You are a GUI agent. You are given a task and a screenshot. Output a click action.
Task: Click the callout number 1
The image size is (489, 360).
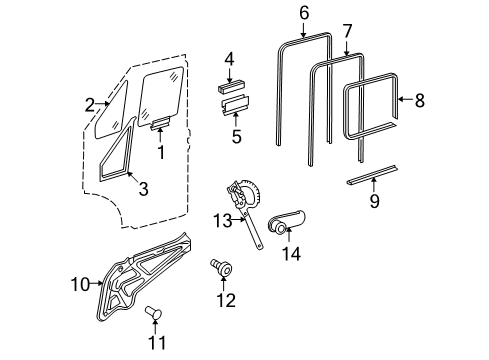(159, 154)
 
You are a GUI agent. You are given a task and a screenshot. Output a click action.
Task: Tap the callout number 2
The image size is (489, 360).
(89, 104)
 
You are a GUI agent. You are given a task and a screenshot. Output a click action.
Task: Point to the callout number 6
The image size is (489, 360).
(305, 13)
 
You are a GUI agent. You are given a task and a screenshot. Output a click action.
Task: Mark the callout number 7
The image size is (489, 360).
(346, 31)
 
